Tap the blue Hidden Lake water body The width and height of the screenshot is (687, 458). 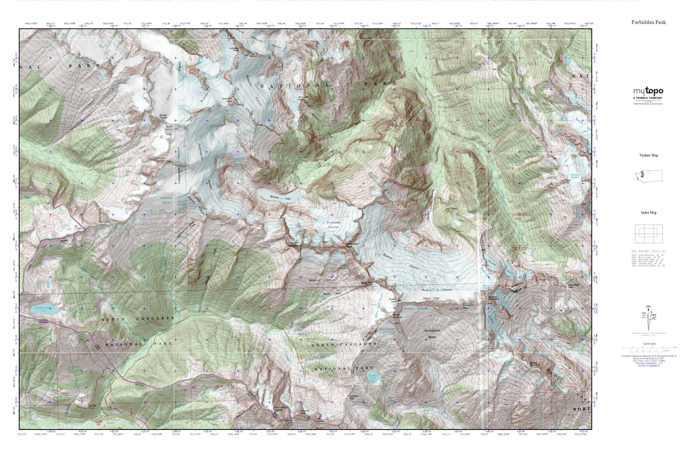tap(44, 308)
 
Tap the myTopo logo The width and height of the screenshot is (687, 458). tap(648, 91)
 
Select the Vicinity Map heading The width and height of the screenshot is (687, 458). tap(648, 155)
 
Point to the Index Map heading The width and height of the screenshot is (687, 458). tap(648, 213)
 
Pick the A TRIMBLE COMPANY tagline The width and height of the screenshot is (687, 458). tap(648, 98)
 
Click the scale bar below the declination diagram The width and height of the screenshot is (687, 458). tap(648, 347)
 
